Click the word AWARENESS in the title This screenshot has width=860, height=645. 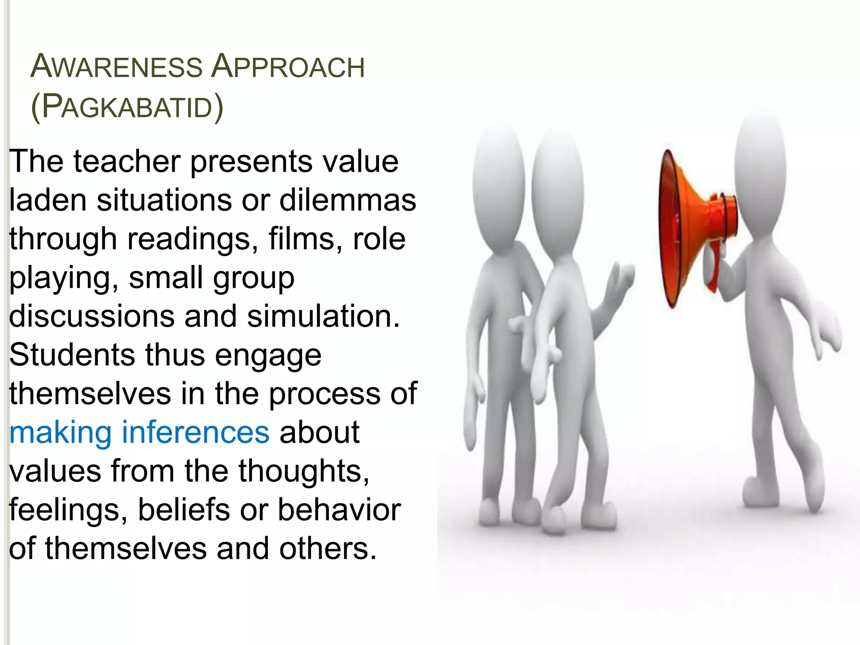point(116,67)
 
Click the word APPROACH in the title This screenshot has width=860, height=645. point(288,67)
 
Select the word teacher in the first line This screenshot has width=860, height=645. point(127,161)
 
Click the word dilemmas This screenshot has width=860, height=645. point(348,200)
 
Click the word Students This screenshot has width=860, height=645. point(72,355)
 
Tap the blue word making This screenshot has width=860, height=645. point(60,433)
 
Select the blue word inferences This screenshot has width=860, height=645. point(195,433)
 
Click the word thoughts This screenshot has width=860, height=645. point(304,471)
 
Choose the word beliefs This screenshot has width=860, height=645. point(184,510)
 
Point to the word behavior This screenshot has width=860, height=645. point(339,510)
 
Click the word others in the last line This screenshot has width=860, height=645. point(328,548)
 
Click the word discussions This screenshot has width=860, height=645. point(92,316)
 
